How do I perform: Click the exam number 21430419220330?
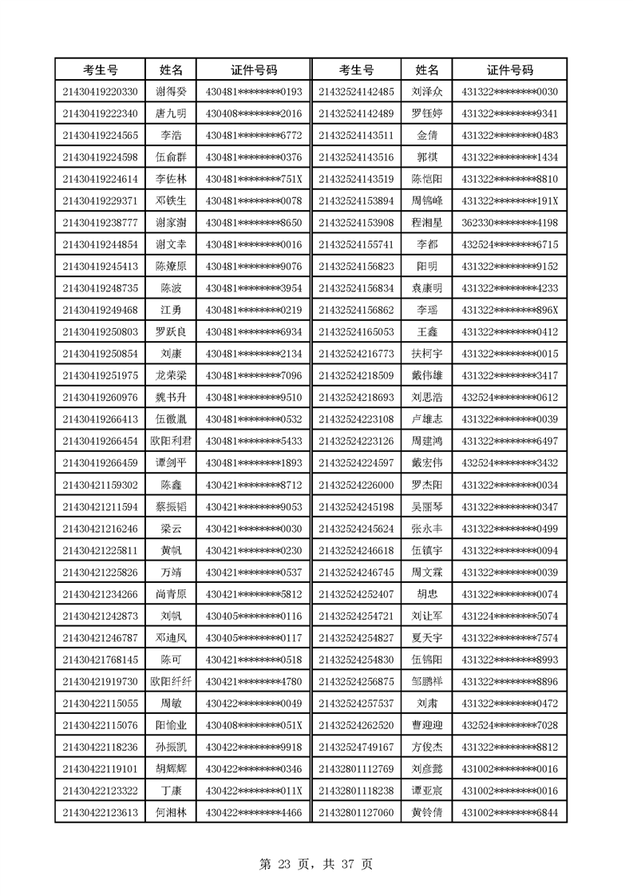coord(100,92)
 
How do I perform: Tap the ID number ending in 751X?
coord(254,178)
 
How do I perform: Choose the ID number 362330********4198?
coord(509,221)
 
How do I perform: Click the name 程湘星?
coord(426,221)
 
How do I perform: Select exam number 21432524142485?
coord(355,92)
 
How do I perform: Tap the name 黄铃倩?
coord(426,812)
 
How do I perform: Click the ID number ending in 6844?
coord(509,812)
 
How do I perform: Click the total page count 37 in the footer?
coord(348,863)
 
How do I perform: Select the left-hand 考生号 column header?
coord(100,69)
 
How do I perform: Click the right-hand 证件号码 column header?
coord(509,69)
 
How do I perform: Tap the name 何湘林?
coord(171,812)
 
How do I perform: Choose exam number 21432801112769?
coord(355,769)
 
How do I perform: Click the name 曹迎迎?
coord(426,725)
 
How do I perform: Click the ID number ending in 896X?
coord(509,309)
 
